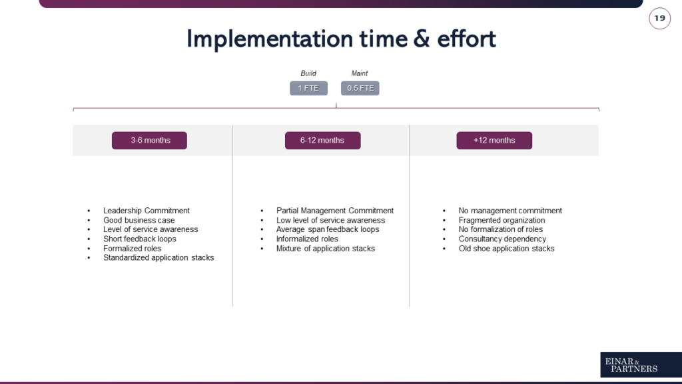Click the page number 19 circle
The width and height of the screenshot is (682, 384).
point(659,18)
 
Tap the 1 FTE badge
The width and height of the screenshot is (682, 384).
point(308,88)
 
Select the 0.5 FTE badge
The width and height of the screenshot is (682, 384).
point(360,88)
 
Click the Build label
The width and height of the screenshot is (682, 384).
point(308,73)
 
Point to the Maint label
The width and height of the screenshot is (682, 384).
point(359,73)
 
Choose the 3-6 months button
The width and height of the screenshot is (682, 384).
point(149,140)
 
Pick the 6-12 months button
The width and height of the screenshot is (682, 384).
point(323,140)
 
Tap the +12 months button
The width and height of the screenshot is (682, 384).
point(494,140)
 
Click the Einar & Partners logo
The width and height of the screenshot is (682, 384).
point(641,365)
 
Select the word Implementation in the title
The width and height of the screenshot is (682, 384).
point(270,39)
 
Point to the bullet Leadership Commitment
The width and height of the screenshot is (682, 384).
point(146,211)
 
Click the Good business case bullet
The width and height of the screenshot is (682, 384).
point(139,220)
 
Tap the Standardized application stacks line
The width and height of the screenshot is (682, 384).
point(159,258)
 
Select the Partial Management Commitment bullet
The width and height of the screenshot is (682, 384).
point(335,211)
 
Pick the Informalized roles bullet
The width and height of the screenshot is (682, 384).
point(307,239)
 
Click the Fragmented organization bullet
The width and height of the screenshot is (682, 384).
point(502,220)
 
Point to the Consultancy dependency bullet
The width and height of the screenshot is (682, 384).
point(502,239)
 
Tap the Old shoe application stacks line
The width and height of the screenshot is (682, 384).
point(506,249)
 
